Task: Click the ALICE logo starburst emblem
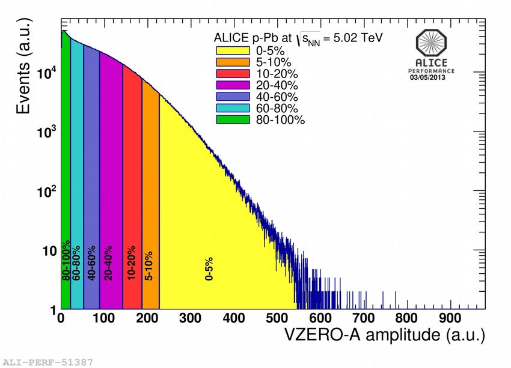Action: coord(432,44)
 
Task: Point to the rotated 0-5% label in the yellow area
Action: coord(210,269)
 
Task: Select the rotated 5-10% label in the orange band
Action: coord(149,266)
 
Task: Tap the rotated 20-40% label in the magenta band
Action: coord(108,263)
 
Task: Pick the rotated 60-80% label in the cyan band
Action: coord(76,263)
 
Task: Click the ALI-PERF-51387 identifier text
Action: coord(48,362)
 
